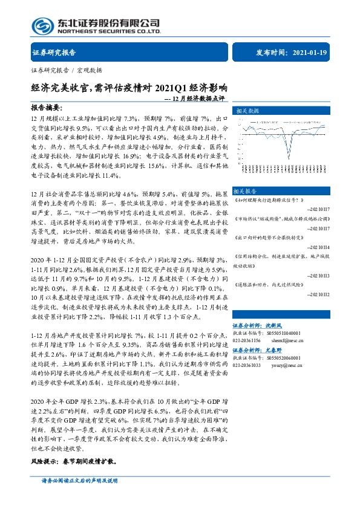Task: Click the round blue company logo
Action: click(43, 25)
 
